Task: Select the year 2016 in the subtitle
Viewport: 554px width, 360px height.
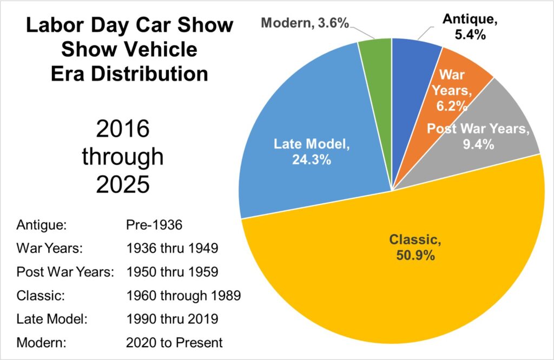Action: click(122, 130)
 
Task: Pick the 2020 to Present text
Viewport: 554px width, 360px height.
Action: click(174, 342)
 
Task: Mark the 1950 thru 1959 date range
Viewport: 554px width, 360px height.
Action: click(171, 271)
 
